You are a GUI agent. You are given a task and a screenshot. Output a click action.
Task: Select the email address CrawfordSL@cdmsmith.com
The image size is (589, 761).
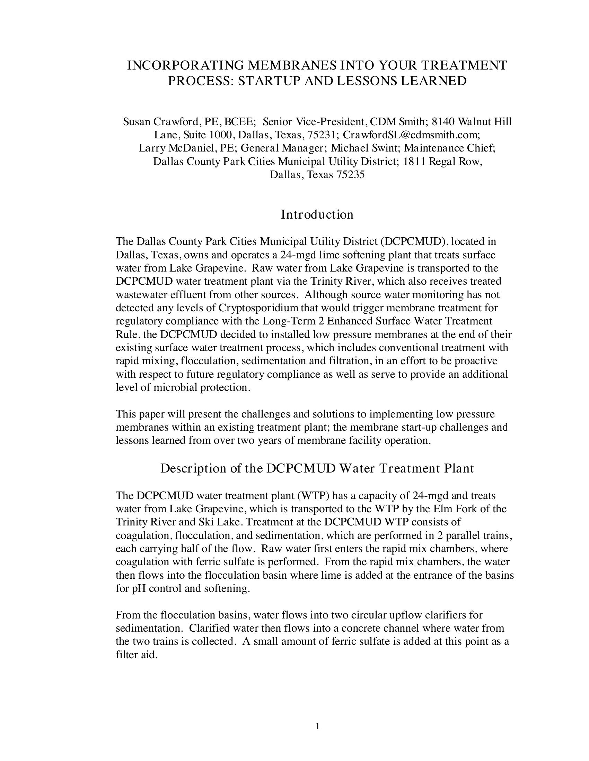click(x=411, y=135)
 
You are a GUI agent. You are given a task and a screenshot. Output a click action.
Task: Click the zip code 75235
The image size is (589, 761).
click(x=350, y=175)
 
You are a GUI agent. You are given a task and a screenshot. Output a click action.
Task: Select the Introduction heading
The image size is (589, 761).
click(x=317, y=214)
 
